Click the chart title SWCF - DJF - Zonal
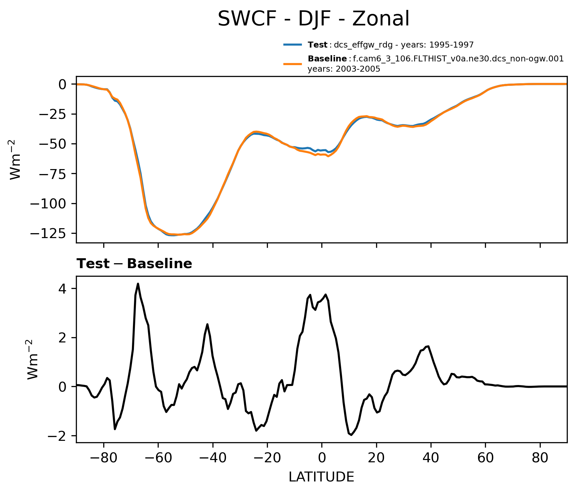(313, 19)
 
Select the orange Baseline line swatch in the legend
(292, 64)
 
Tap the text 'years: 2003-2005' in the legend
(344, 69)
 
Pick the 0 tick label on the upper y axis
(62, 85)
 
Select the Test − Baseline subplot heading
(134, 264)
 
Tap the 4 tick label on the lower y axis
(62, 289)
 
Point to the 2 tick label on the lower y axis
(62, 338)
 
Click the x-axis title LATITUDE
(321, 477)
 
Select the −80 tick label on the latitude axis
(104, 458)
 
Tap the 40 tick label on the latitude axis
(431, 458)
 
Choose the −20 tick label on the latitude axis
(267, 458)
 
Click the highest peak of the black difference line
(138, 284)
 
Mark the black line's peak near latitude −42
(207, 324)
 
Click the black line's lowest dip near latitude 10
(351, 435)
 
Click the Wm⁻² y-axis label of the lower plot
(33, 359)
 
